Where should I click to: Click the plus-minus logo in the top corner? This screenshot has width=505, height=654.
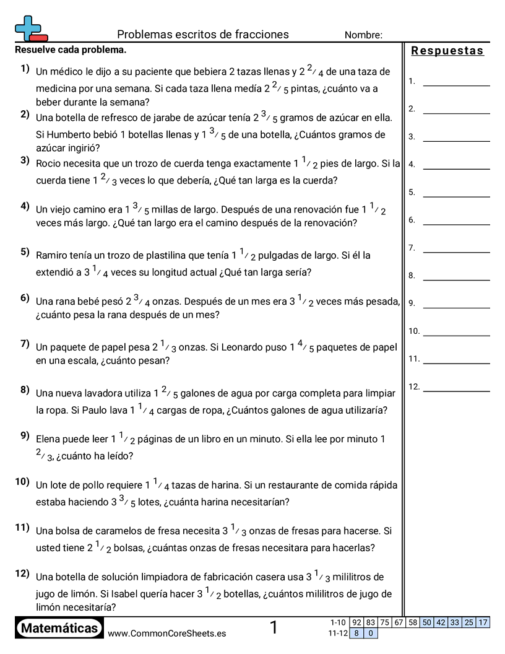point(30,28)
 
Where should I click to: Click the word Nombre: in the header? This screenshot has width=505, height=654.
point(363,35)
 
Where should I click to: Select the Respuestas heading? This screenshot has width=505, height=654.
point(447,51)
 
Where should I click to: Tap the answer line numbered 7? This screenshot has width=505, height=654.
point(456,251)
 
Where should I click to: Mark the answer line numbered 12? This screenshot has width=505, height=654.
point(456,391)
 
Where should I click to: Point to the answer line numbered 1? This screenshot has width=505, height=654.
point(456,85)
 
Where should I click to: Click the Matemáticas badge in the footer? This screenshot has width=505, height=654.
point(59,629)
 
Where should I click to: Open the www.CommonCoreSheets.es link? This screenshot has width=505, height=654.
point(166,633)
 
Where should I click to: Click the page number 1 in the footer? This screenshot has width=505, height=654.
point(274,628)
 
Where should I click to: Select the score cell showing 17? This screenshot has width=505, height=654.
point(483,622)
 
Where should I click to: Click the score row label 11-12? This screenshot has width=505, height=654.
point(338,633)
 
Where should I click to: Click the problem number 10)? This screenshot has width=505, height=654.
point(23,481)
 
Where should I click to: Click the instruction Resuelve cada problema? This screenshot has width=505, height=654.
point(70,49)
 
